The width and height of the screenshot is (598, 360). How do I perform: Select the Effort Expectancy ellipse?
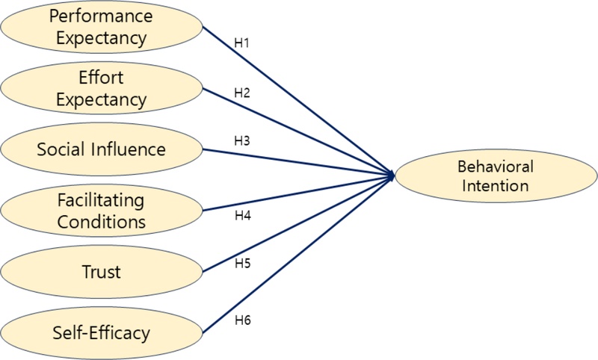pos(101,88)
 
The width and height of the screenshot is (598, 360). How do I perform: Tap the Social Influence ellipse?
pos(101,149)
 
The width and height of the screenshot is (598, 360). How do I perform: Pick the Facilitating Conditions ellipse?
pos(101,211)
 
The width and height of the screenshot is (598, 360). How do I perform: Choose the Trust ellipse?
pos(101,271)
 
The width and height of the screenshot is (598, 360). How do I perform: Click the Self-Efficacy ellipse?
pos(101,331)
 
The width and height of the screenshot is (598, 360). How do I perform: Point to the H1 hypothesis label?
pos(241,43)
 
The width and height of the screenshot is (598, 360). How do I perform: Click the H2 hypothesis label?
pos(241,93)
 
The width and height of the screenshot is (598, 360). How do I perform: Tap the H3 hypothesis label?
pos(241,141)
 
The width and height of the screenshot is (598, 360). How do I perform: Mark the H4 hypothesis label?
pos(241,217)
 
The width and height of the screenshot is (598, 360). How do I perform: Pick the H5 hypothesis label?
pos(241,264)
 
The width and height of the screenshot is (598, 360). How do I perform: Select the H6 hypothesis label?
pos(241,320)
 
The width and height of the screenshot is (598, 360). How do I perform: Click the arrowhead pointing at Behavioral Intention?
pos(389,176)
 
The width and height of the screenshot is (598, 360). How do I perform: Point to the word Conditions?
pos(101,221)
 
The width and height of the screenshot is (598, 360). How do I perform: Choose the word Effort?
pos(101,78)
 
